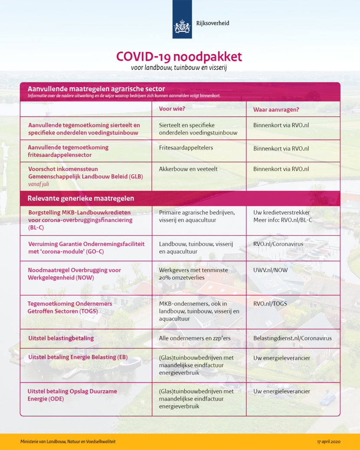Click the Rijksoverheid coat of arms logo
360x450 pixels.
click(182, 26)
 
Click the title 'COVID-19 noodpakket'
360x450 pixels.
click(179, 57)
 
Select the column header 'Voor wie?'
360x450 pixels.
click(172, 108)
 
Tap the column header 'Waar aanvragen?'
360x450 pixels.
click(276, 109)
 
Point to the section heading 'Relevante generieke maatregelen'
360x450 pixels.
click(81, 199)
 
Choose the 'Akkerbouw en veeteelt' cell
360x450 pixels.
click(188, 169)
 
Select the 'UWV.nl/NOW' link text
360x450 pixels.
click(270, 270)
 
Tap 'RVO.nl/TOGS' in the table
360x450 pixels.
click(270, 304)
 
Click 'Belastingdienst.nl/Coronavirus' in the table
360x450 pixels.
click(292, 338)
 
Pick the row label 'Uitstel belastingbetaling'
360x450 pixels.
click(61, 338)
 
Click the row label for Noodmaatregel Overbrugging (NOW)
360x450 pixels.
click(74, 274)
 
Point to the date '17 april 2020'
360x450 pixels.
click(329, 441)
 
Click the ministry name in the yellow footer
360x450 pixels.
click(68, 441)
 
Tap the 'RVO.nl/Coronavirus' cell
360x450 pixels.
click(278, 244)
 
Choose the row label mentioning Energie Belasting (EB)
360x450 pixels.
click(78, 357)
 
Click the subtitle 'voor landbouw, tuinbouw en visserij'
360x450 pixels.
click(179, 68)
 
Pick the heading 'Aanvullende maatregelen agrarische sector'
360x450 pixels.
click(96, 89)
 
